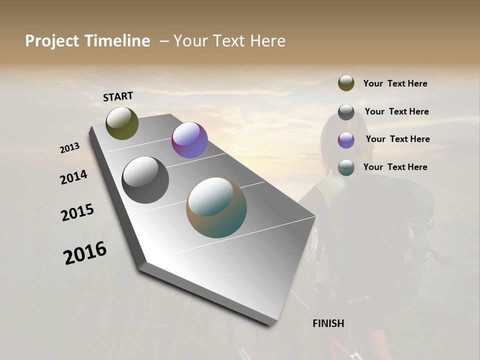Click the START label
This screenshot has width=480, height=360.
click(x=118, y=96)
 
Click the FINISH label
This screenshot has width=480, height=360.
click(x=328, y=323)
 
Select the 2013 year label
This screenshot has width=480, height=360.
click(x=70, y=148)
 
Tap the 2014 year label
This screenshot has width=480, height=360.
click(x=74, y=177)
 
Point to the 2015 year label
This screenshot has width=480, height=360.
click(x=77, y=212)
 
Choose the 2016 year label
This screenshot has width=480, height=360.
click(x=85, y=252)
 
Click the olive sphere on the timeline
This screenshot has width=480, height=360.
click(x=122, y=123)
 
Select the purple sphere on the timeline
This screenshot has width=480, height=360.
click(x=189, y=140)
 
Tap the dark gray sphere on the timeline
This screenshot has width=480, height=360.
click(x=145, y=180)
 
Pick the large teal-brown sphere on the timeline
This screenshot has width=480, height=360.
click(x=216, y=207)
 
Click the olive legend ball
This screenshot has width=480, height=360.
click(x=346, y=83)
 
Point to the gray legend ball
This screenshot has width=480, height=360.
click(x=346, y=112)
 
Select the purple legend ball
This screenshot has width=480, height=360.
click(x=346, y=140)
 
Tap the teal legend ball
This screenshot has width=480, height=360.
click(x=346, y=167)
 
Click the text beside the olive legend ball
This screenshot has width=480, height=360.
click(x=395, y=83)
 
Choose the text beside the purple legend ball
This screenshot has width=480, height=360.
click(x=397, y=139)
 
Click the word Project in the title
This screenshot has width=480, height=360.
click(x=52, y=41)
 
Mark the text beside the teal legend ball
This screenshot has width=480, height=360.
click(x=395, y=167)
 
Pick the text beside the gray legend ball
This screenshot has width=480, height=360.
click(x=396, y=111)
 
